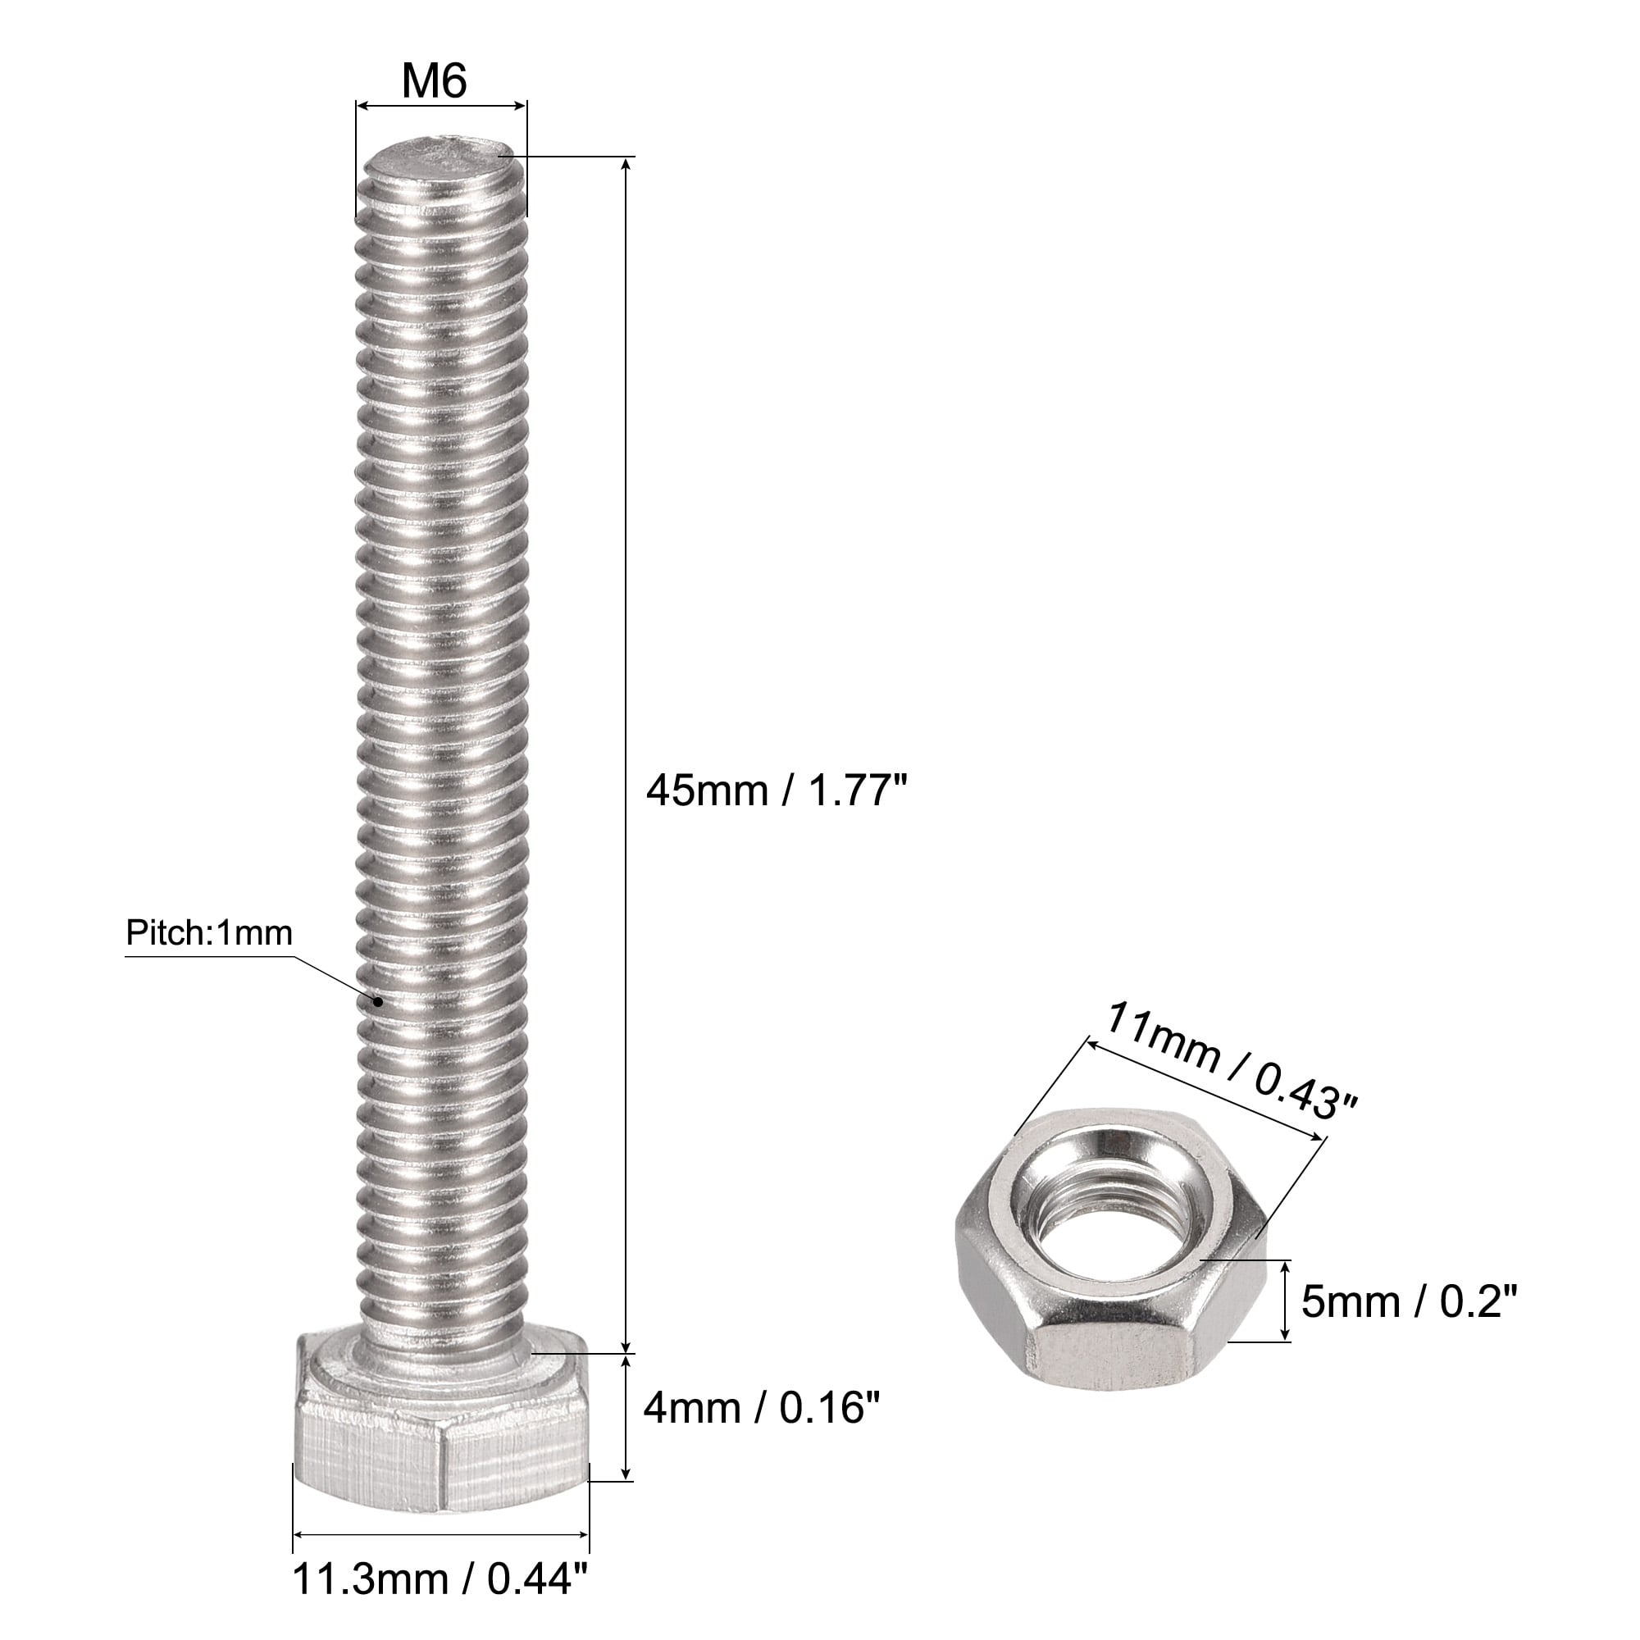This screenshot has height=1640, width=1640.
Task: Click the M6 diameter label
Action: pos(435,81)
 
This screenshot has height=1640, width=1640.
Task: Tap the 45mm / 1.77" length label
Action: pos(777,792)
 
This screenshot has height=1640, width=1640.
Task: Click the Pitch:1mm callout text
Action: pos(209,934)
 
